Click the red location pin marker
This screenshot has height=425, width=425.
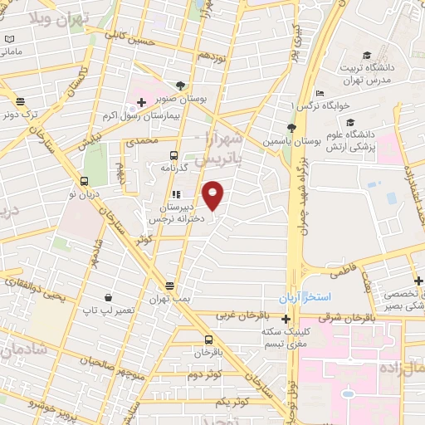tap(213, 195)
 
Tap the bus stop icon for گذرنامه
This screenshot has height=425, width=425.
tap(173, 155)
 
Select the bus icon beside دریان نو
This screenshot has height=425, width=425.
tap(84, 182)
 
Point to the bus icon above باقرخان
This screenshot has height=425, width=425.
tap(208, 340)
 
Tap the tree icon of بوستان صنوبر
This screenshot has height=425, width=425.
tap(181, 85)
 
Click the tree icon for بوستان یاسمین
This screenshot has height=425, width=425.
tap(291, 127)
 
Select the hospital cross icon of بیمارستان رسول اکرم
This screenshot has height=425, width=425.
tap(142, 103)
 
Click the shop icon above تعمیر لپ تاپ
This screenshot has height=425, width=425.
tap(108, 297)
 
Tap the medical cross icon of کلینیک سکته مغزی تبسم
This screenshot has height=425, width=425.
tap(286, 319)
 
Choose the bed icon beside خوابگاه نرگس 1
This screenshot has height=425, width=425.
tap(320, 94)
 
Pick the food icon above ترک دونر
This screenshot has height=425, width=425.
tap(19, 101)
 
